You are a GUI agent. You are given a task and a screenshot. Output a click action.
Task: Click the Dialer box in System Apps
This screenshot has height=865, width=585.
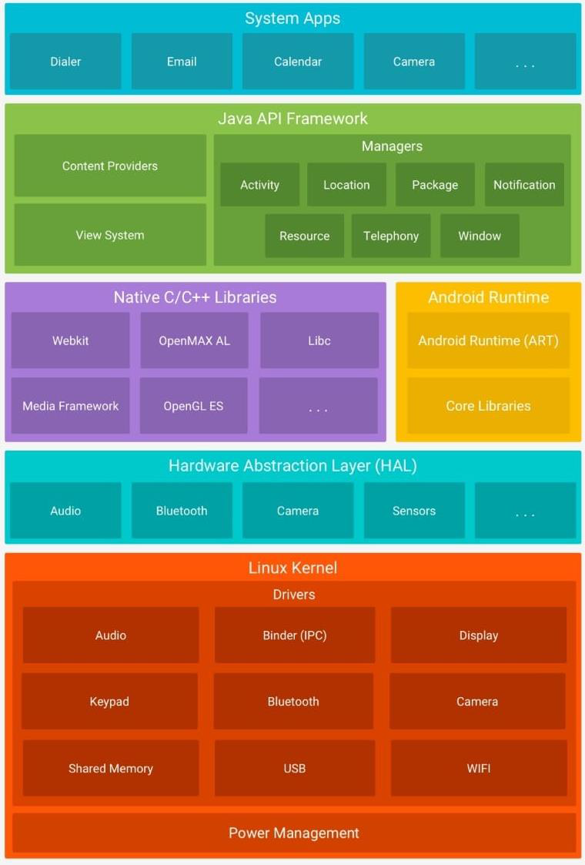(65, 62)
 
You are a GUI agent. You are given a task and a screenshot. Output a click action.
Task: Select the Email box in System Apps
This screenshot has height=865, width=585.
(182, 62)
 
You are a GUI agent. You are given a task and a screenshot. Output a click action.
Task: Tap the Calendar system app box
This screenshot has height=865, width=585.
(298, 62)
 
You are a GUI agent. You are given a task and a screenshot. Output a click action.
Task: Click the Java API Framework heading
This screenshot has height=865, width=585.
(292, 119)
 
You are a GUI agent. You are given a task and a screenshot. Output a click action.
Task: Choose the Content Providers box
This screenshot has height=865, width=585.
(110, 166)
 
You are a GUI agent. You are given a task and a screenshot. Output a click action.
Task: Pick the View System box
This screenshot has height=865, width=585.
(110, 235)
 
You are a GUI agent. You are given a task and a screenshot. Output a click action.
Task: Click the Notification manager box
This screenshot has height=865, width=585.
(524, 185)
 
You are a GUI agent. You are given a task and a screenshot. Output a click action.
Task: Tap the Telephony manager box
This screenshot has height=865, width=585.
(391, 236)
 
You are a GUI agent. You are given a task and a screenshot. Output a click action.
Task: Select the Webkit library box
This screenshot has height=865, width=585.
(70, 340)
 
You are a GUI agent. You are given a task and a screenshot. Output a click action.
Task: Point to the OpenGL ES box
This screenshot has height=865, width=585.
(193, 406)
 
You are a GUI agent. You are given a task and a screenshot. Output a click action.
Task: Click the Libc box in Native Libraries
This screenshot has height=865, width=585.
(319, 340)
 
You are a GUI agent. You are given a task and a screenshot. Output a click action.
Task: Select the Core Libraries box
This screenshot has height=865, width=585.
(488, 406)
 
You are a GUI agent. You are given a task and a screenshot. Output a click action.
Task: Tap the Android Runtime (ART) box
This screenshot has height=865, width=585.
(488, 340)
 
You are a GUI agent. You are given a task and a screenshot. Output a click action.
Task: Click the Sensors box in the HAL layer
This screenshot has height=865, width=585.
(414, 511)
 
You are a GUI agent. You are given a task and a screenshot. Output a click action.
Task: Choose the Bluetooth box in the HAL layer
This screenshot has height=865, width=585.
(182, 511)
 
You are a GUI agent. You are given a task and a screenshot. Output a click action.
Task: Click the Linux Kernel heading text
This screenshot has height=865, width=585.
(292, 568)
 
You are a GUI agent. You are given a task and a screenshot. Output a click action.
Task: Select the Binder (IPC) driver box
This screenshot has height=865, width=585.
(295, 635)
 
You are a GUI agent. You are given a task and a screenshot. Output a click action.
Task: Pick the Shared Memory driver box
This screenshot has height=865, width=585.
(111, 768)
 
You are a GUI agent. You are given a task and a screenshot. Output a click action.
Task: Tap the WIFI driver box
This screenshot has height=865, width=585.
(478, 768)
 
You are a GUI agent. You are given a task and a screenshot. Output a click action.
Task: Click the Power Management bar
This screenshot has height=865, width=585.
(294, 833)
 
